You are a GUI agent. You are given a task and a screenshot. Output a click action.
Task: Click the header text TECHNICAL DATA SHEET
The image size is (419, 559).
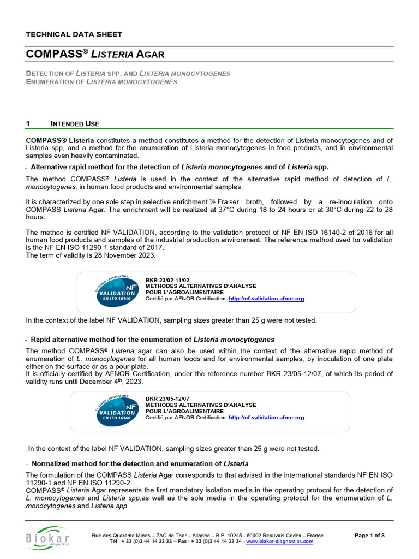coord(74,34)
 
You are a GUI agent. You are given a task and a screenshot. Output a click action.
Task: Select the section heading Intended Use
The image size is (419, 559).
coord(75,124)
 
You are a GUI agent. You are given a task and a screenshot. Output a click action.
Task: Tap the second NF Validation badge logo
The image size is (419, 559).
coord(116,411)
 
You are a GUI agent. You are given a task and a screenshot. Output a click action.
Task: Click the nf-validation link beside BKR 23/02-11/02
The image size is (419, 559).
coord(266,299)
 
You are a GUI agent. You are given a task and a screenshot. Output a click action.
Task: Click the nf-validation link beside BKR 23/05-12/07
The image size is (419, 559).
coord(266,418)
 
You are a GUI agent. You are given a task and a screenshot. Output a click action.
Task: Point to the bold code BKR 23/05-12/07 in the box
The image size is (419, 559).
coord(167,398)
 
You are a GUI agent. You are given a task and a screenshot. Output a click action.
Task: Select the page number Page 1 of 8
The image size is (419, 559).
coord(369,536)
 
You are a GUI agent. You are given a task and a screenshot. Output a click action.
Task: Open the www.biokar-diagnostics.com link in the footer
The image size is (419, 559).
coord(279,542)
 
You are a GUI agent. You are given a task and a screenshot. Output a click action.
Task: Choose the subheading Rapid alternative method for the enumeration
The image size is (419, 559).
coord(152,340)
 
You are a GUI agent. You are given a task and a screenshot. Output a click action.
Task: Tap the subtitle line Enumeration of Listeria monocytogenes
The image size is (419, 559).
coord(102,82)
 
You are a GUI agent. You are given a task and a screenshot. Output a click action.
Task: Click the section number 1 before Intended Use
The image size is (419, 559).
coord(28,124)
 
